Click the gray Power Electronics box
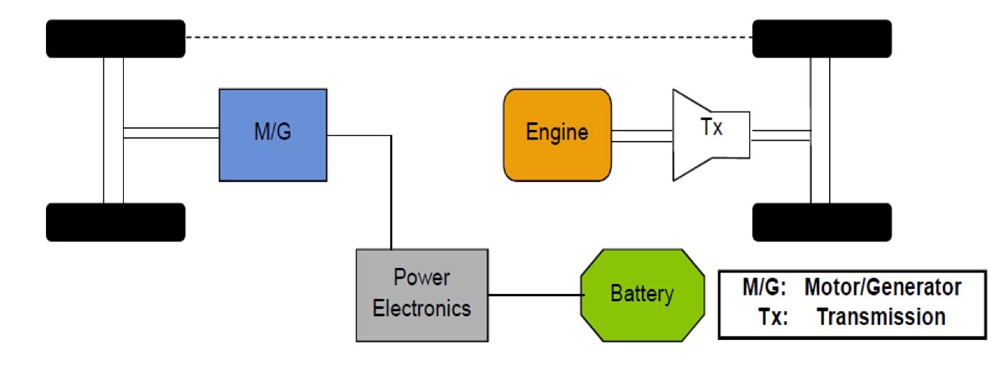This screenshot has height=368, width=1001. pyautogui.click(x=422, y=294)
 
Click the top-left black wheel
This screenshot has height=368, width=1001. pyautogui.click(x=115, y=39)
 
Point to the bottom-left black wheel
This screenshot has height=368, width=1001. pyautogui.click(x=115, y=221)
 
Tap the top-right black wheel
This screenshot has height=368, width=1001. pyautogui.click(x=822, y=39)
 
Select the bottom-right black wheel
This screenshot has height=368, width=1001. pyautogui.click(x=822, y=221)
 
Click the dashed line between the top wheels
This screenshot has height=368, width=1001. pyautogui.click(x=468, y=35)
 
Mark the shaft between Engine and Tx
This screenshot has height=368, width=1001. pyautogui.click(x=642, y=135)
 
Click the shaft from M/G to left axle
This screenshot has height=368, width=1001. pyautogui.click(x=171, y=133)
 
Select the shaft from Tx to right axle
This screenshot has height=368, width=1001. pyautogui.click(x=781, y=135)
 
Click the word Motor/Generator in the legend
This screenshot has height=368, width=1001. pyautogui.click(x=882, y=287)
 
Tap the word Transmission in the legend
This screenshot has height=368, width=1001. pyautogui.click(x=881, y=317)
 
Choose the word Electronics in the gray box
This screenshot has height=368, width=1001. pyautogui.click(x=422, y=308)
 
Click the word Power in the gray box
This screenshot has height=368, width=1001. pyautogui.click(x=422, y=277)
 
